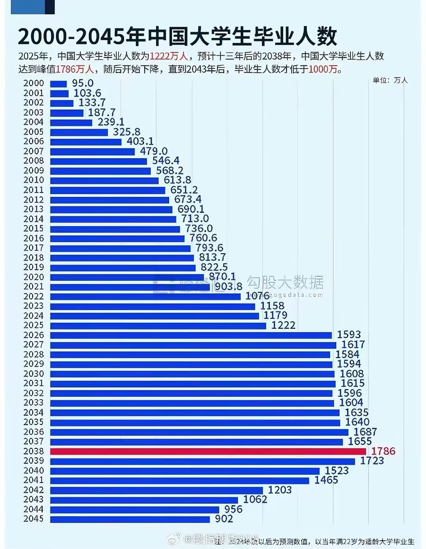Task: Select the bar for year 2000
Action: pos(59,84)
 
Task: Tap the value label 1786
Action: pos(383,451)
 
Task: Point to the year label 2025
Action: pos(34,325)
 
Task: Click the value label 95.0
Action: pos(83,83)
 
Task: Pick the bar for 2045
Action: pos(130,519)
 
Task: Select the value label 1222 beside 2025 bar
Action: pos(283,325)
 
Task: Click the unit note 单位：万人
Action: pos(390,80)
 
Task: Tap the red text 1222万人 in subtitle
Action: pos(169,56)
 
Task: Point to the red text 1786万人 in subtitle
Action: pos(75,69)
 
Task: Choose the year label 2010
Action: pos(34,180)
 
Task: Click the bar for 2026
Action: pos(191,335)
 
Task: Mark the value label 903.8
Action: pos(228,287)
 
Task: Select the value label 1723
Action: pos(372,461)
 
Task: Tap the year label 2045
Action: pos(34,519)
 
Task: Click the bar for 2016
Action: pos(118,238)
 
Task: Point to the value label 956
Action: pos(233,509)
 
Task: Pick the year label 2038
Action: pos(34,451)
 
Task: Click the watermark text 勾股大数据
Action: pos(285,283)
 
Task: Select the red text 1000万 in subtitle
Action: pos(323,69)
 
